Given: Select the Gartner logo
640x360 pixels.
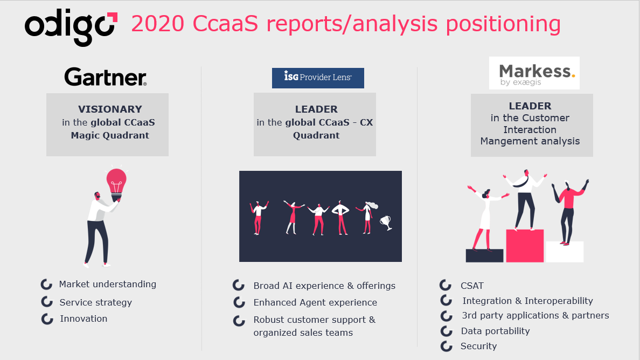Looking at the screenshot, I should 106,77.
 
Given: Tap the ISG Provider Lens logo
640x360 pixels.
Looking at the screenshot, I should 318,78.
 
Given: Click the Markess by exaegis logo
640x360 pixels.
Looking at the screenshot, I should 534,73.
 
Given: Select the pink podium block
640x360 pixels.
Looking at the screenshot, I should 525,246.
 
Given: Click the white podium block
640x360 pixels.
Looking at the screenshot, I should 565,251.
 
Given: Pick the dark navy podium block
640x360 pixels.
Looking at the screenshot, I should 484,255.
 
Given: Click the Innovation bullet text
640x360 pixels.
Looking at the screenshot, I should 84,319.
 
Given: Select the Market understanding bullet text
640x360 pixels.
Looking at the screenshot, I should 107,284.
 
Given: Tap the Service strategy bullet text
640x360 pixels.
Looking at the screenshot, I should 95,302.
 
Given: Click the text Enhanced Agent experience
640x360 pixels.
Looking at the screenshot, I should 315,302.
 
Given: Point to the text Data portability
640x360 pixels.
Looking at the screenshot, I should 495,331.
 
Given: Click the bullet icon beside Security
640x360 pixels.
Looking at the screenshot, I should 446,346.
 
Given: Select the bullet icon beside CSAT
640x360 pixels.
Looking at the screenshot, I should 446,285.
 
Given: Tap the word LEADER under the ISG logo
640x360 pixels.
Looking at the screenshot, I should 316,109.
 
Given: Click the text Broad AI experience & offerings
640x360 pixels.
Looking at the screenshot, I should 324,286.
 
